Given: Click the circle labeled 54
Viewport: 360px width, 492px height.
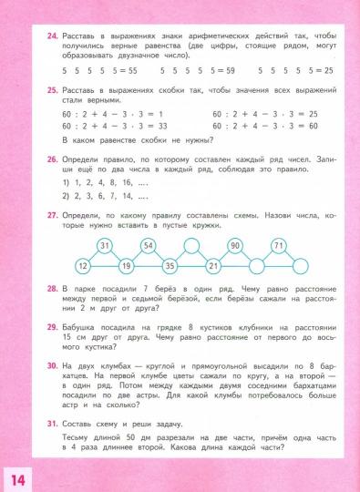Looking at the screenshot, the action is click(149, 246).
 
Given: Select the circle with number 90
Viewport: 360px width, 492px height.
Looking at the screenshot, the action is click(235, 246).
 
